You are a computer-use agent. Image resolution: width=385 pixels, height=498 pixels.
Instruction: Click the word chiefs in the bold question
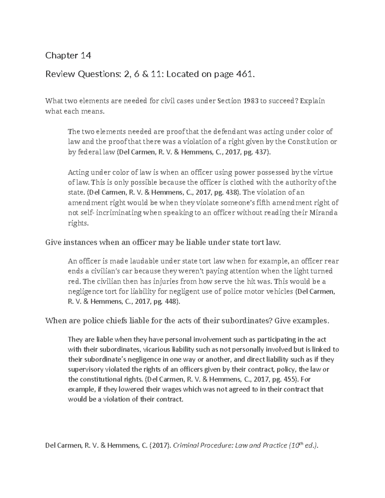(111, 321)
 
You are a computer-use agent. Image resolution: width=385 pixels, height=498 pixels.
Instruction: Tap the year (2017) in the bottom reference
(159, 445)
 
